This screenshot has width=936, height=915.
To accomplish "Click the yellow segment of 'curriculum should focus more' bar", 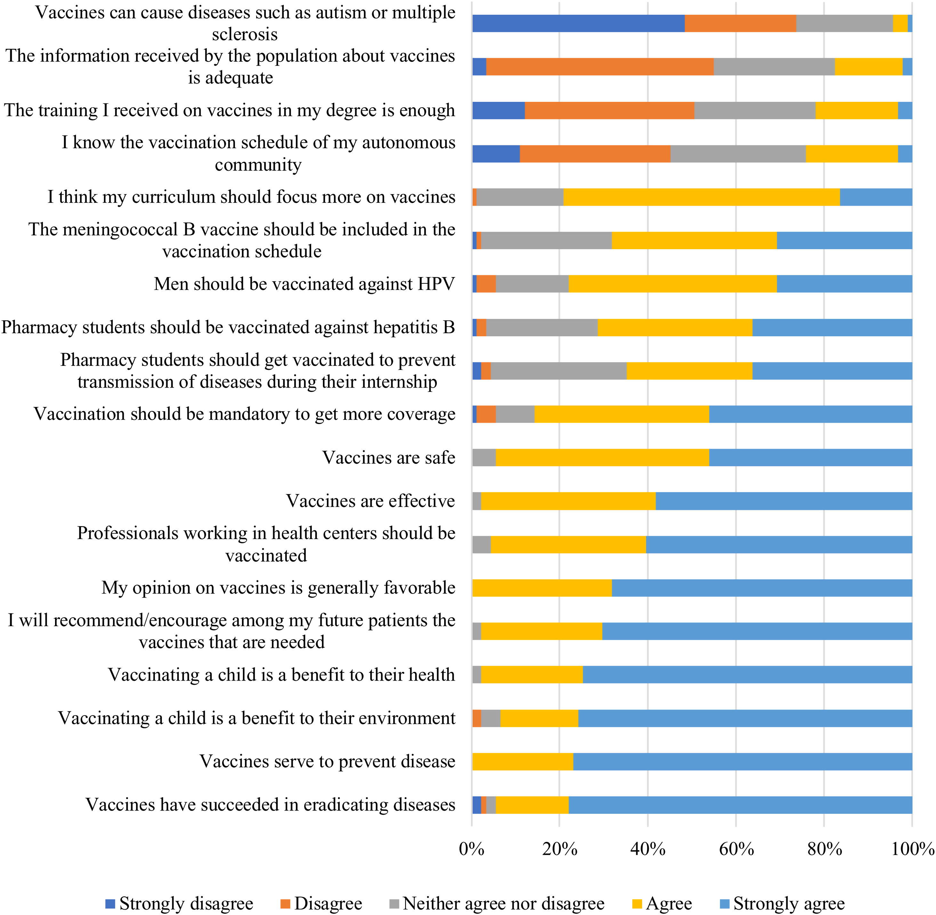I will click(x=701, y=197).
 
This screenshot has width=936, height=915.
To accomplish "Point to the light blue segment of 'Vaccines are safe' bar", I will click(x=810, y=457).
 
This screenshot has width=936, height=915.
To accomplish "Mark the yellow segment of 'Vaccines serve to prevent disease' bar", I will click(x=523, y=762).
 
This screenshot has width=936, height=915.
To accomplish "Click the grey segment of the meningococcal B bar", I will click(x=546, y=240).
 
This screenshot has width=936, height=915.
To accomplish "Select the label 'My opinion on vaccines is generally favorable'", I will click(x=278, y=587).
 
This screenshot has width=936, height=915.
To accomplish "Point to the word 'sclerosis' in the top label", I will click(x=245, y=34).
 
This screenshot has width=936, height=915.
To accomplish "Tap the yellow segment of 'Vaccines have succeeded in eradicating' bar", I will click(x=532, y=805).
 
